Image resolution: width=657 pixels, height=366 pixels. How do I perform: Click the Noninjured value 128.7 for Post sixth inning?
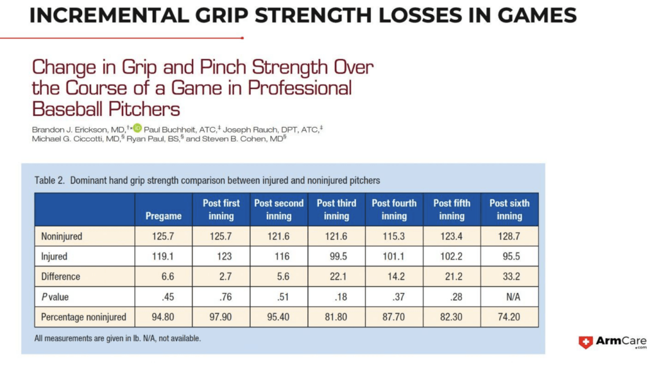(x=509, y=237)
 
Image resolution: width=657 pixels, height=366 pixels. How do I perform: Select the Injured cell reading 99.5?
(x=336, y=256)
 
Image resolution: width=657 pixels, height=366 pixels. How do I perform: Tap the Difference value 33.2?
(x=509, y=277)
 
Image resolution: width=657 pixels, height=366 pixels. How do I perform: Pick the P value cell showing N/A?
(x=509, y=297)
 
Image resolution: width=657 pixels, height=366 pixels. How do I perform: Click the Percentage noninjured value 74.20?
(x=509, y=317)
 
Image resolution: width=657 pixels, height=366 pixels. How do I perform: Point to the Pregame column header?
(x=164, y=216)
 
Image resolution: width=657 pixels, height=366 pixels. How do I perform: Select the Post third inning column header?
(x=336, y=210)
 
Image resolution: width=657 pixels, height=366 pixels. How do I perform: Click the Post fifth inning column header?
(x=452, y=210)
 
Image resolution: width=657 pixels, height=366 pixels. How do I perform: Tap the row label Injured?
(x=55, y=256)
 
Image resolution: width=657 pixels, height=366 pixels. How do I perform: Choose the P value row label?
(x=56, y=297)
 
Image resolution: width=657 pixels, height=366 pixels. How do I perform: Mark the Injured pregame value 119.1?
(x=164, y=256)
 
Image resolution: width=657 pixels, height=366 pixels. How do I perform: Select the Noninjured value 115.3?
(x=394, y=237)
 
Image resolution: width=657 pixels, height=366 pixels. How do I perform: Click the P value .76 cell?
(x=221, y=297)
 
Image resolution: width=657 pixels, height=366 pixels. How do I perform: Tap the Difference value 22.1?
(x=336, y=277)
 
